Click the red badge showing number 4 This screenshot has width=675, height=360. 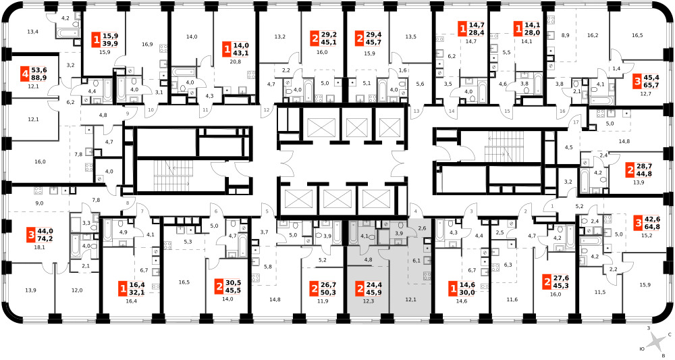tap(26, 74)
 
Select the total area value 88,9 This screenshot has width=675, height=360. tap(40, 78)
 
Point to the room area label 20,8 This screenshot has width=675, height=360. tap(235, 62)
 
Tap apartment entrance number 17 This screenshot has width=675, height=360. tap(576, 122)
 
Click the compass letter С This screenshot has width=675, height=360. tap(670, 334)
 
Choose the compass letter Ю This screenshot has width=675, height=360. tap(642, 348)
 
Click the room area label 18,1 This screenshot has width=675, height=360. tap(40, 248)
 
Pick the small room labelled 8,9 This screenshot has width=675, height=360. tap(565, 35)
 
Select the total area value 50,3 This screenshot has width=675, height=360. tap(329, 292)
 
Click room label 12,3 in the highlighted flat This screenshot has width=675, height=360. tap(368, 301)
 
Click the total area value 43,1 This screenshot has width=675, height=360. tap(242, 53)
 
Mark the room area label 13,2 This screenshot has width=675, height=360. tap(280, 36)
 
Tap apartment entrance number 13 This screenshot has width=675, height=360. tap(416, 111)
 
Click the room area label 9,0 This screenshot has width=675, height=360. tap(39, 203)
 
